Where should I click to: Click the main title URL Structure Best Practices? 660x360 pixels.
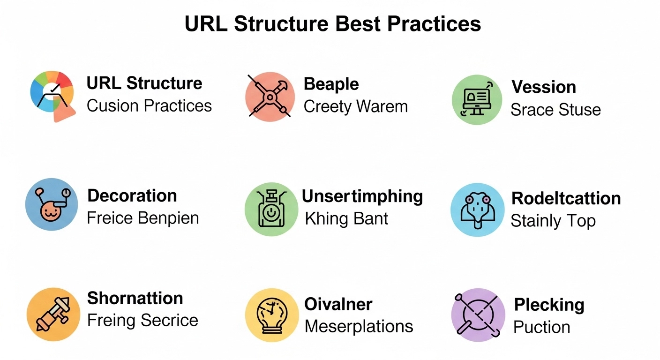(x=333, y=23)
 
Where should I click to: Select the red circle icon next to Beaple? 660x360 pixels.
(x=270, y=97)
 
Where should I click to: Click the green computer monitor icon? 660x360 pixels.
(x=477, y=99)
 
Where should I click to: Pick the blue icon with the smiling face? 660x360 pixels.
(x=52, y=204)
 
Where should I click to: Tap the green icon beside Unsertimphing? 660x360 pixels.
(x=271, y=209)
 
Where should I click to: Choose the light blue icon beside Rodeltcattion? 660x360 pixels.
(x=477, y=210)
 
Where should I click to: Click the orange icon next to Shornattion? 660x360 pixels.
(x=53, y=315)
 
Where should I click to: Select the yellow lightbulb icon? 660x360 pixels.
(x=272, y=315)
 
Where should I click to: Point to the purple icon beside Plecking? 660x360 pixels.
(x=478, y=315)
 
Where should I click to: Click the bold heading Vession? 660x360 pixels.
(x=544, y=87)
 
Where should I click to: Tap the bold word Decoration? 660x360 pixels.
(x=132, y=195)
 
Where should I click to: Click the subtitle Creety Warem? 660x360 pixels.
(x=356, y=107)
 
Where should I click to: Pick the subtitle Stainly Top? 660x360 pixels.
(x=553, y=221)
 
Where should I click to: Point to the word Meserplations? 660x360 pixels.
(x=359, y=326)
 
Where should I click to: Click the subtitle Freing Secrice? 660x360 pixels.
(x=142, y=320)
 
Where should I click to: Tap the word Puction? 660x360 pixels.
(x=541, y=327)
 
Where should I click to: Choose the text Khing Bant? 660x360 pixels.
(x=346, y=219)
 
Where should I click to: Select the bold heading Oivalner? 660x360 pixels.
(x=338, y=304)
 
